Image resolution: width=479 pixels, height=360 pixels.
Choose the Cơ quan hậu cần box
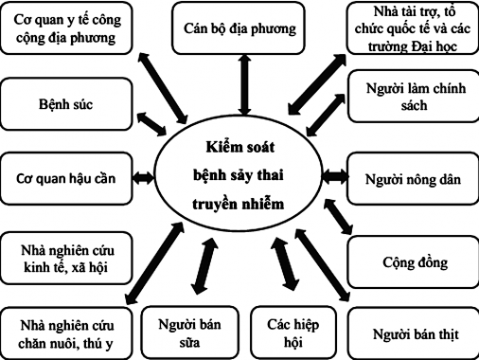coord(64,177)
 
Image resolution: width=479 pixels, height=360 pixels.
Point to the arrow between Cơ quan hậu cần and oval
coord(142,177)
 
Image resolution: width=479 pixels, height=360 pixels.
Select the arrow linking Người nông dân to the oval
coord(334,176)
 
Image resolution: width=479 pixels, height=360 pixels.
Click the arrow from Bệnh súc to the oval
coord(151,122)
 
